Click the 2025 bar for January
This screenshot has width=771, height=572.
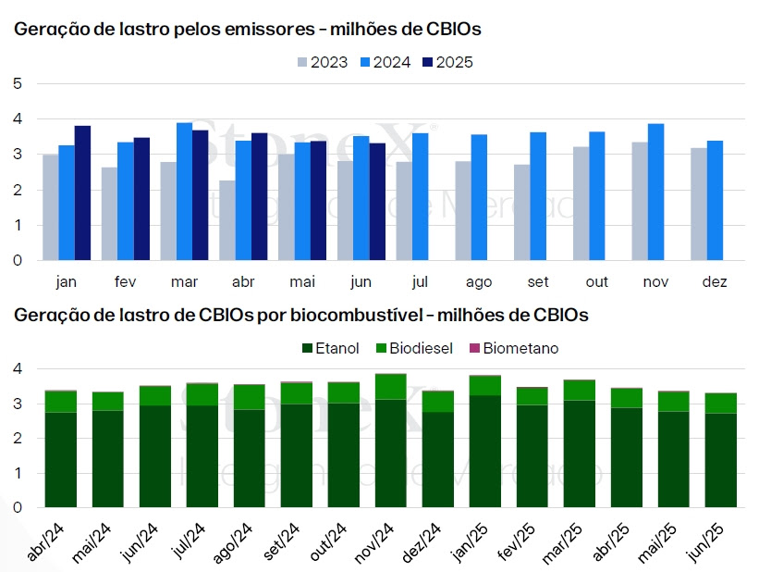(83, 193)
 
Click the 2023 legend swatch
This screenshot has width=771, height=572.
(302, 63)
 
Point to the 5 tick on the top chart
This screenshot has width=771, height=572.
(18, 84)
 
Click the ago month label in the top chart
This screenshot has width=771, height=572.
(479, 281)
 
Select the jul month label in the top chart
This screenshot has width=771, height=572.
(421, 281)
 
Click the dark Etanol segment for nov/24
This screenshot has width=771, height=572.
(391, 453)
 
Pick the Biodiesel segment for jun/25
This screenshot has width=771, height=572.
(720, 403)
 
